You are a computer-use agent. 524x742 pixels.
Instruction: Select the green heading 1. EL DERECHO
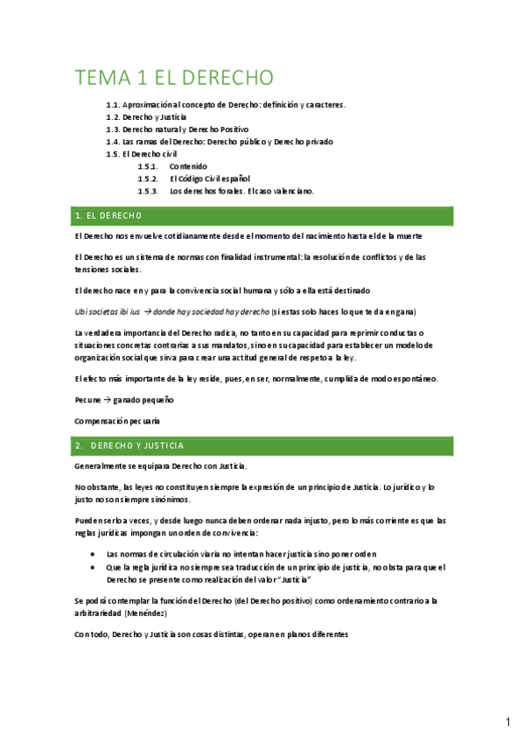point(109,215)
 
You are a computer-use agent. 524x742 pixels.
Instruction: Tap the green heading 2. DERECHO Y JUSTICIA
point(129,446)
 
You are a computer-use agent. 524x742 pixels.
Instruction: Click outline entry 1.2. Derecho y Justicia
point(145,116)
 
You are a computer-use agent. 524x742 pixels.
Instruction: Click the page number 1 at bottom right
point(507,723)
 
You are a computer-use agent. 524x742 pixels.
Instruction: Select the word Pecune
point(88,399)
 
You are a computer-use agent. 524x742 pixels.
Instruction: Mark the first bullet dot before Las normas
point(93,554)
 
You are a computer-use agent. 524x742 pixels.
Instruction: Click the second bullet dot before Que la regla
point(93,567)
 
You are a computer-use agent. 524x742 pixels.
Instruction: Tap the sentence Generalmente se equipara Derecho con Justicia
point(161,466)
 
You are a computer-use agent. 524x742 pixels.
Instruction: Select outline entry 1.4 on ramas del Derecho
point(220,141)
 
